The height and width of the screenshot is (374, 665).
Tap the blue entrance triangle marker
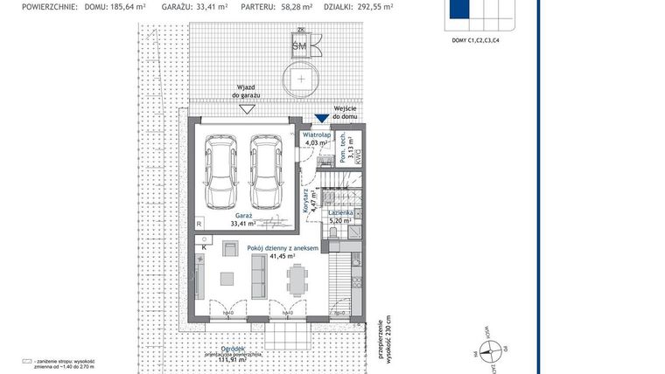coord(322,119)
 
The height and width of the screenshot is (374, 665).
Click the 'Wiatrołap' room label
coord(317,136)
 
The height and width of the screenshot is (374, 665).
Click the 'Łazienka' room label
coord(340,213)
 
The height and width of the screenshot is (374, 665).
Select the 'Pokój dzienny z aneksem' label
coord(282,249)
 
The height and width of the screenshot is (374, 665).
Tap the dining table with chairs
coord(297,280)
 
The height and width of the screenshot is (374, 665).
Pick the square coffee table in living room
coord(227,280)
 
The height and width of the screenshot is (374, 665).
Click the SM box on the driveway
coord(300,45)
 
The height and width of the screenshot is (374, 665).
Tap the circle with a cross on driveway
coord(301,78)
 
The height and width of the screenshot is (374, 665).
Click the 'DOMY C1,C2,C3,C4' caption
coord(476,40)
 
